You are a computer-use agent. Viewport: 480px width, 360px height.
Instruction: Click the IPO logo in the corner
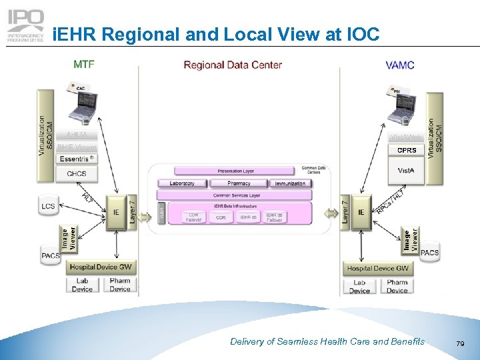tap(26, 26)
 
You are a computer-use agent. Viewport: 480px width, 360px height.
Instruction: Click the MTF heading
tap(83, 65)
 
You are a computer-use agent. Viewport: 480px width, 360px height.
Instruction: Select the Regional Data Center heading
tap(233, 65)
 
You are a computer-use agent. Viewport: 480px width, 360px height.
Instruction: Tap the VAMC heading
tap(399, 65)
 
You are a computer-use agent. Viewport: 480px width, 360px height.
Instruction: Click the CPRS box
tap(407, 150)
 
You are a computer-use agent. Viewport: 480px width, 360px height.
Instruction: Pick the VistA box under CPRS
tap(407, 171)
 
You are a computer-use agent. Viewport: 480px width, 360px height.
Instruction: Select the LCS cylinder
tap(48, 207)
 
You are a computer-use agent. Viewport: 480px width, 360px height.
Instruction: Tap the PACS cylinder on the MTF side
tap(51, 255)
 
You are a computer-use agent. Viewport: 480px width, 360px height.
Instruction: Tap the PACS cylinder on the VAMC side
tap(429, 253)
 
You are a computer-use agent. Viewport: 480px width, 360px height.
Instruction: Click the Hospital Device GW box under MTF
tap(101, 267)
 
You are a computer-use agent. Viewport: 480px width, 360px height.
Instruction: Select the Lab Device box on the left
tap(82, 285)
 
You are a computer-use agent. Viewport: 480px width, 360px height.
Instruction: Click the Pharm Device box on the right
tap(397, 287)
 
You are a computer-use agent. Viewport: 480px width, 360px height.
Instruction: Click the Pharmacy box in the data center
tap(239, 183)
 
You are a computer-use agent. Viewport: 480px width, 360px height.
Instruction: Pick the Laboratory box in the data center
tap(182, 183)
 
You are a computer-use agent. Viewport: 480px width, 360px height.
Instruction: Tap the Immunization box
tap(289, 183)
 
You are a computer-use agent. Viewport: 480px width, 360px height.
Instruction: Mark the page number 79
tap(459, 343)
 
